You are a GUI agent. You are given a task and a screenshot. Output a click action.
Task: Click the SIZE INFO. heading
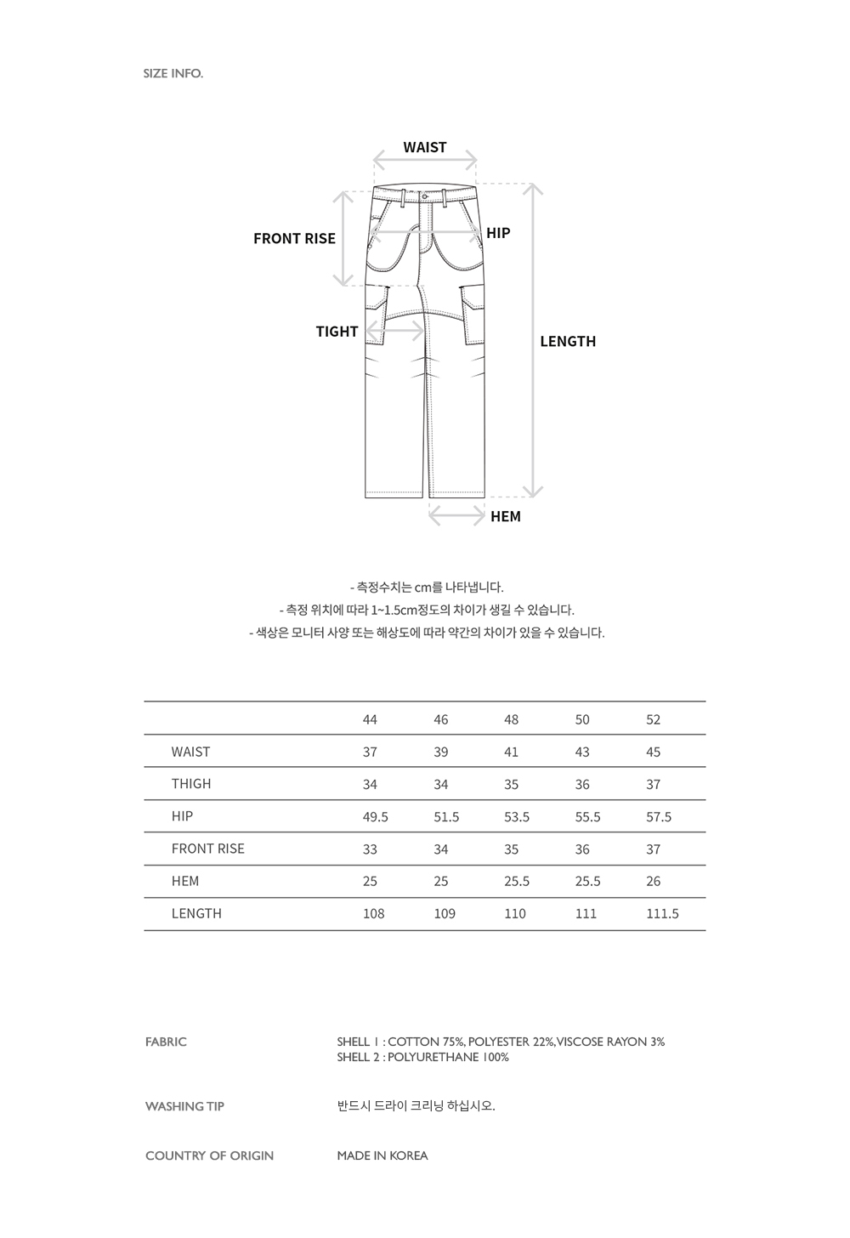click(173, 73)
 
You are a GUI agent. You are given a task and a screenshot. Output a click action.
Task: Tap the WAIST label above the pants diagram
click(425, 147)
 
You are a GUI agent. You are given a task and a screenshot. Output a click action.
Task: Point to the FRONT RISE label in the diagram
click(294, 239)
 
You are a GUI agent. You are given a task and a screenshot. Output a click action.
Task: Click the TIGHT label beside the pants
click(337, 332)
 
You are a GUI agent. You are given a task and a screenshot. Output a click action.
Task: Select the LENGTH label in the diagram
click(568, 341)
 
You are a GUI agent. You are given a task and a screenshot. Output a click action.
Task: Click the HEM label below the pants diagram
click(506, 516)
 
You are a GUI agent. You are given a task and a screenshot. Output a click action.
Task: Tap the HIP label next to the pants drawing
click(498, 233)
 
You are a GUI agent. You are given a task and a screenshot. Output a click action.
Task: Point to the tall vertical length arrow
click(532, 340)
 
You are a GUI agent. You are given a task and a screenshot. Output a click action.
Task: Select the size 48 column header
click(511, 719)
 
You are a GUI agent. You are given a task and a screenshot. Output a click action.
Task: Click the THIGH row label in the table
click(191, 784)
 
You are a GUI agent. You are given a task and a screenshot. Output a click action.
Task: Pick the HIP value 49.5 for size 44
click(375, 816)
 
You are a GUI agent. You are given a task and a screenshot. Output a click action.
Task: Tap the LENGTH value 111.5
click(662, 913)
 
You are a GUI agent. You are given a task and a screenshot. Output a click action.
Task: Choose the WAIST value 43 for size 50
click(582, 752)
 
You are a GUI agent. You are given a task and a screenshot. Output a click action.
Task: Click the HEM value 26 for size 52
click(653, 881)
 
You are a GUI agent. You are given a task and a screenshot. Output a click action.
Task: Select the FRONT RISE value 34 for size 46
click(440, 849)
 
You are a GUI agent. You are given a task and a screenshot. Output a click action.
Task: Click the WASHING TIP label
click(184, 1106)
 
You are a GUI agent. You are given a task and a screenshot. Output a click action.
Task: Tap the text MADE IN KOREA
click(382, 1156)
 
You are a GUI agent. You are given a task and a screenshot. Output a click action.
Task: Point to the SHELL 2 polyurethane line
click(422, 1057)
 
